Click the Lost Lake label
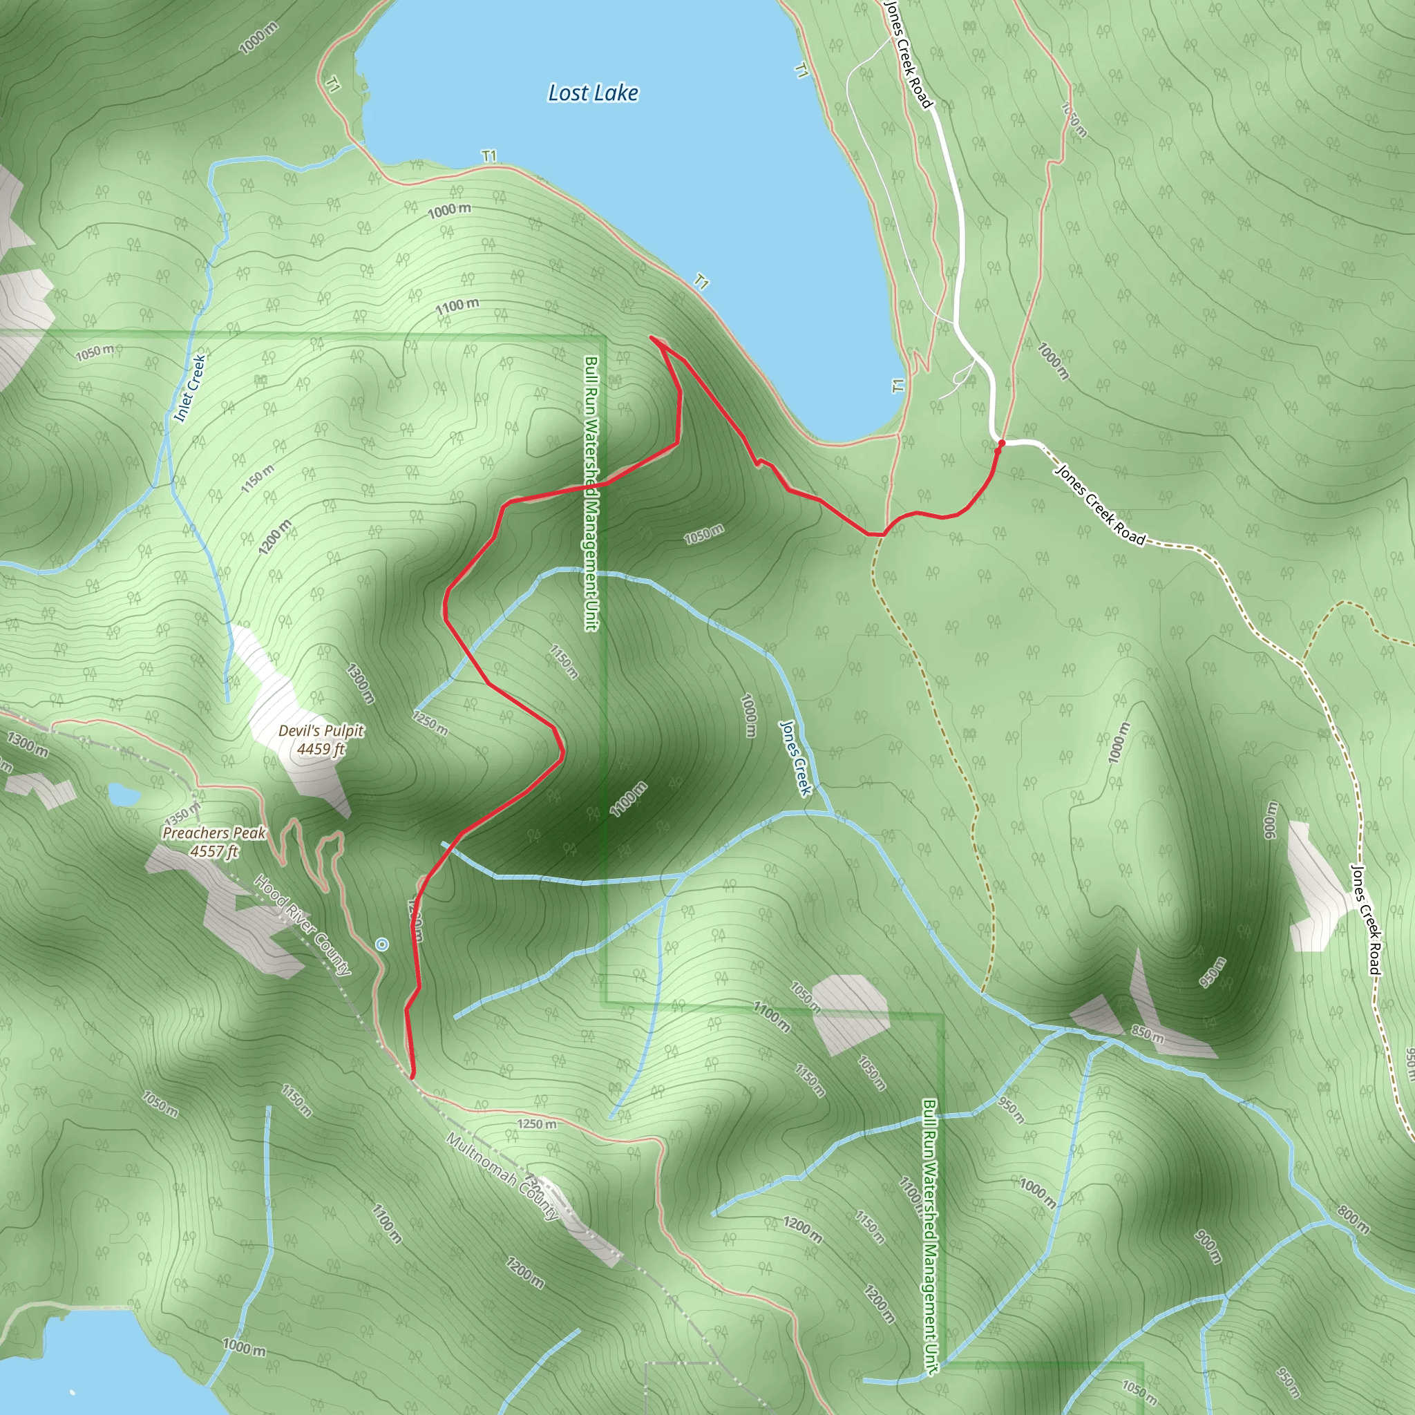593,93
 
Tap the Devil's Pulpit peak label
321,731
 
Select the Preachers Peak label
214,833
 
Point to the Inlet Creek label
191,388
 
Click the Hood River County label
303,925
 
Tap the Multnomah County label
502,1177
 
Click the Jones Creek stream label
795,757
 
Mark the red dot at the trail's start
1001,443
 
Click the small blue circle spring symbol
381,944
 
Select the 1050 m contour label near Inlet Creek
95,352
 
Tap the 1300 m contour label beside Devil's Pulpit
361,683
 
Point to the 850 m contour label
1147,1034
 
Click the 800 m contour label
1352,1219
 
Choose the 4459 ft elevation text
321,748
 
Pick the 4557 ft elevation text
214,851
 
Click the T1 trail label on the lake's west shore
332,86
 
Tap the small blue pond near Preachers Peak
122,794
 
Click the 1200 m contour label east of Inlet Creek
275,536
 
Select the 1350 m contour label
182,813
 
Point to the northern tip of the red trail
651,337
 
